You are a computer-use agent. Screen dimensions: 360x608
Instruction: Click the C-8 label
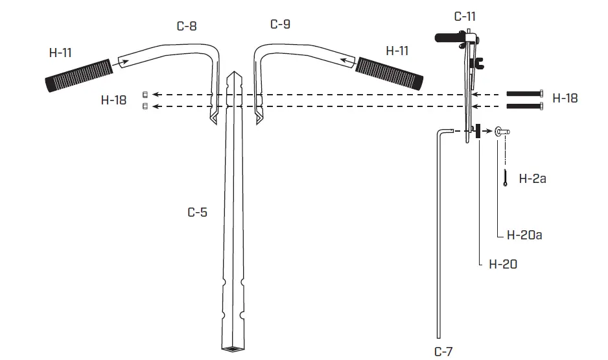pos(187,27)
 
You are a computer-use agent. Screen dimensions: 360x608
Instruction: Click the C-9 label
pos(280,24)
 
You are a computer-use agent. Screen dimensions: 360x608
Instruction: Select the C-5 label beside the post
pos(197,212)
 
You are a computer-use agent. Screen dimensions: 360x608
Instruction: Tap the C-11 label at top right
pos(465,17)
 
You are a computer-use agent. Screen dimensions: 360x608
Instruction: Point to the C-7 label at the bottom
pos(443,351)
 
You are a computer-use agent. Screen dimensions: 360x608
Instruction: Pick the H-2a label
pos(532,178)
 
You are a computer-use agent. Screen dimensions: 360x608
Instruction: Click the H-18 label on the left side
pos(115,100)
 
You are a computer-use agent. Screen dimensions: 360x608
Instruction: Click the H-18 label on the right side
pos(565,99)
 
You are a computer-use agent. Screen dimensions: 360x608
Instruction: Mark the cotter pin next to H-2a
pos(505,178)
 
